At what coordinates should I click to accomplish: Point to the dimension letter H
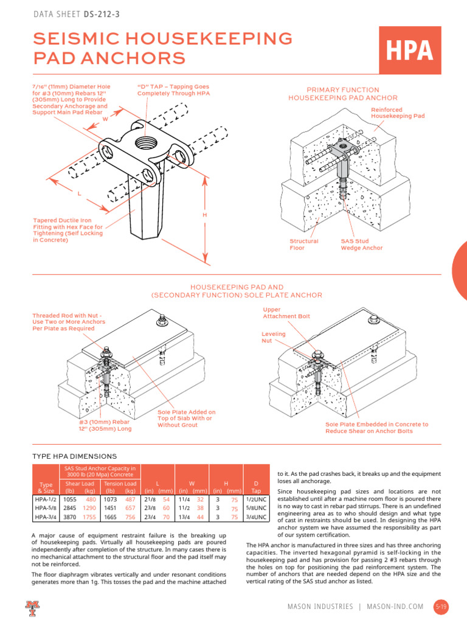click(204, 215)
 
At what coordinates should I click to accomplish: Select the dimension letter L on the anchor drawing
click(79, 193)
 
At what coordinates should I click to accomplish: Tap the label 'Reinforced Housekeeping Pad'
click(397, 113)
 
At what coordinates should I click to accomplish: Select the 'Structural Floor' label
click(304, 245)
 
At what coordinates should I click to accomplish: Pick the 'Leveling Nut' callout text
click(273, 338)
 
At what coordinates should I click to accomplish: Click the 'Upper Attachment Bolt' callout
click(286, 313)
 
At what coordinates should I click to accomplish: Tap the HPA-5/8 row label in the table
click(46, 508)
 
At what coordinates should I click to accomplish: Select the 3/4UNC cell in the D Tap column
click(256, 517)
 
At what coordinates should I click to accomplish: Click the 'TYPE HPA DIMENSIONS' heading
click(74, 456)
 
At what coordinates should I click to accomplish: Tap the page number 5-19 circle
click(441, 607)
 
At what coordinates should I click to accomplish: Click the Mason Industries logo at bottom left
click(32, 607)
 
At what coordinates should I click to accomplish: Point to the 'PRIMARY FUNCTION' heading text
click(343, 89)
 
